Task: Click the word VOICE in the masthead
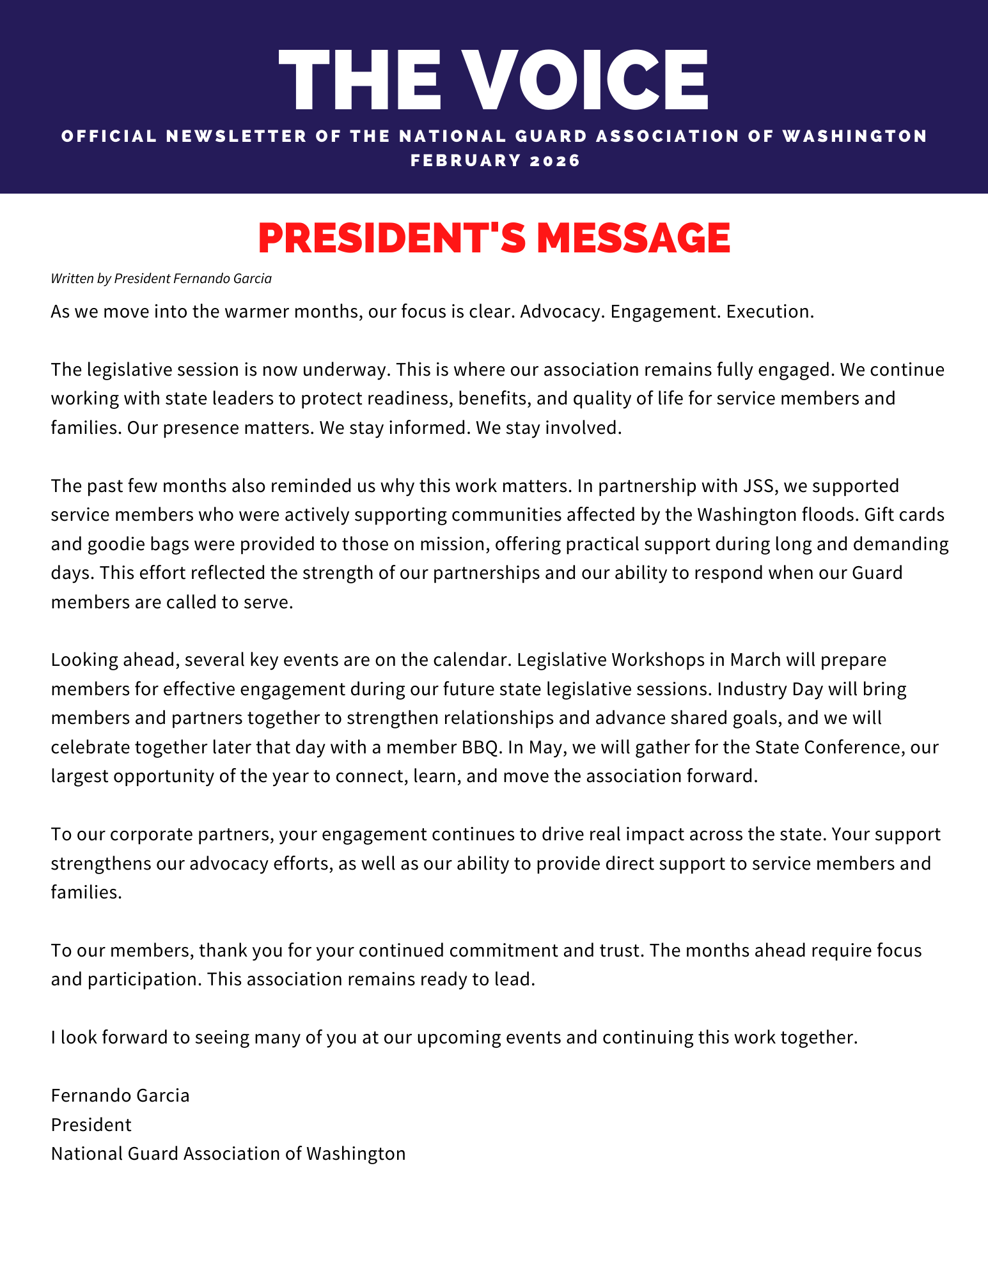tap(585, 79)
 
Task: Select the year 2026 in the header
tap(555, 160)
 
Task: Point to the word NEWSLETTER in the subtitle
tap(237, 136)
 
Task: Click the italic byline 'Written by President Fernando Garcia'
tap(161, 279)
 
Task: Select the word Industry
tap(752, 689)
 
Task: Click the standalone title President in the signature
tap(91, 1125)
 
